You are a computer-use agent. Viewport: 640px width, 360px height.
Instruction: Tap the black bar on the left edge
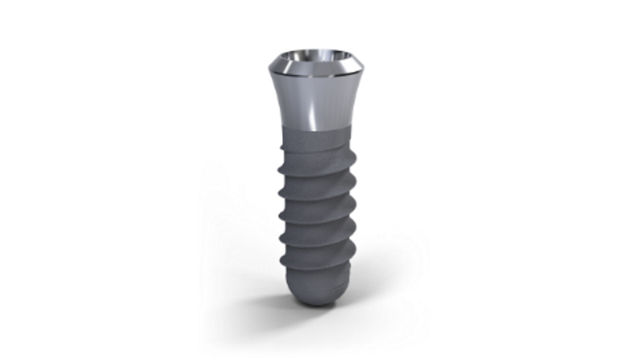click(31, 180)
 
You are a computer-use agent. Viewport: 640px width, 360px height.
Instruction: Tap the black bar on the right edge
click(609, 180)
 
